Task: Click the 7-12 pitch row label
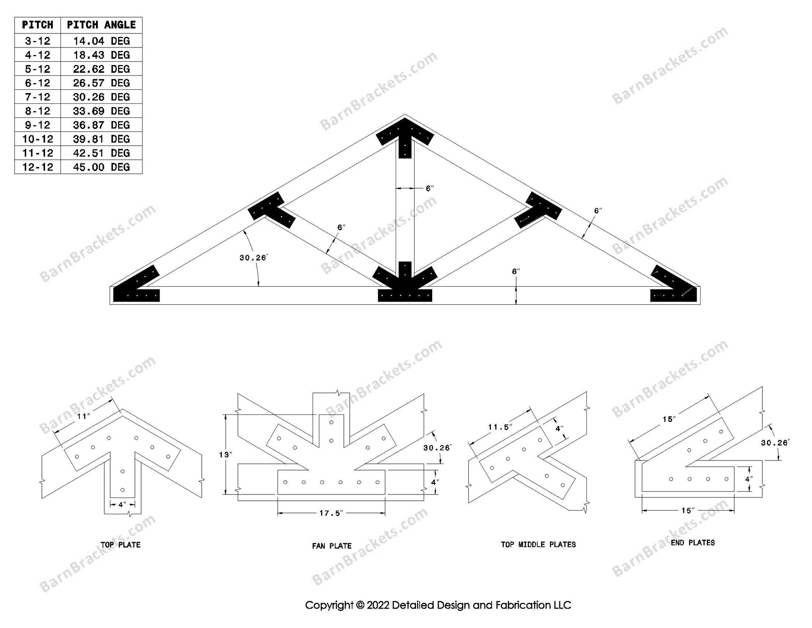tap(37, 97)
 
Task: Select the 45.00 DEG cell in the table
tap(101, 167)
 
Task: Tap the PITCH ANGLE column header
tap(101, 25)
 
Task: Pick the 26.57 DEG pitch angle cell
tap(101, 83)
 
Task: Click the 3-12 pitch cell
tap(37, 41)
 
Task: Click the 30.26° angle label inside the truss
tap(253, 258)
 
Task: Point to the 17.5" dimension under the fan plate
tap(331, 513)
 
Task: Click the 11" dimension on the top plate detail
tap(83, 416)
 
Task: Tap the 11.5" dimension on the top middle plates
tap(500, 427)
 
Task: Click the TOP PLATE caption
tap(120, 545)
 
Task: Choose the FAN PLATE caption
tap(332, 546)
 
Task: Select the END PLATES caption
tap(692, 543)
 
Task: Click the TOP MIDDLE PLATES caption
tap(538, 544)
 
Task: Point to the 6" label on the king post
tap(429, 188)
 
